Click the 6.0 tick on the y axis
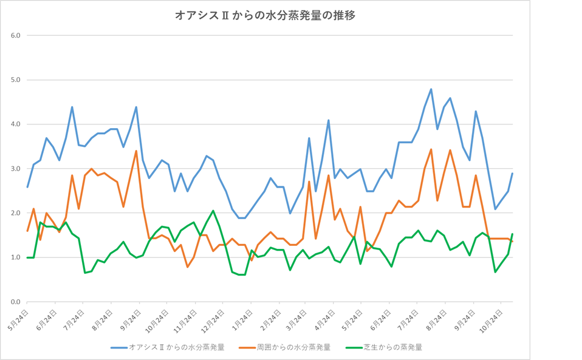click(x=16, y=35)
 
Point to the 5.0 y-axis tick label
click(x=16, y=80)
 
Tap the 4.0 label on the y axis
click(x=16, y=124)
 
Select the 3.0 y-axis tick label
click(x=16, y=169)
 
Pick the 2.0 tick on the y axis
click(x=16, y=213)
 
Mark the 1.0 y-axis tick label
click(x=16, y=257)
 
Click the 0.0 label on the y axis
click(x=16, y=302)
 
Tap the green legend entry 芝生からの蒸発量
click(x=392, y=347)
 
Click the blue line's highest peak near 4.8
click(x=431, y=89)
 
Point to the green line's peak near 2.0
click(x=213, y=211)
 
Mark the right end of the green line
click(x=513, y=234)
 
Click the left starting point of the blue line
click(x=27, y=186)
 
